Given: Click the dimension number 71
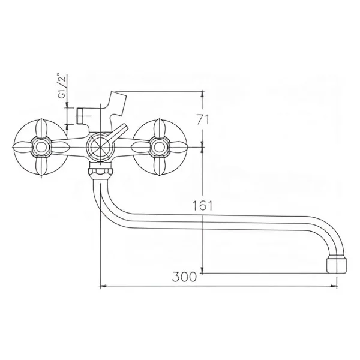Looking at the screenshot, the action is tap(203, 119).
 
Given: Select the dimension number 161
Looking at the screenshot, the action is tap(202, 205).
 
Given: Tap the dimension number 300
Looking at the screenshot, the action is tap(184, 277).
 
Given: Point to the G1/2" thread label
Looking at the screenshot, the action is tap(62, 86).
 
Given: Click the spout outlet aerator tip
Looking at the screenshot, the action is tap(337, 266).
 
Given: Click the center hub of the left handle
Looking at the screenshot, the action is tap(41, 147).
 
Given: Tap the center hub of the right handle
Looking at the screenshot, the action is tap(160, 147).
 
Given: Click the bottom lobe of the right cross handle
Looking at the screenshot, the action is tap(160, 166).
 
